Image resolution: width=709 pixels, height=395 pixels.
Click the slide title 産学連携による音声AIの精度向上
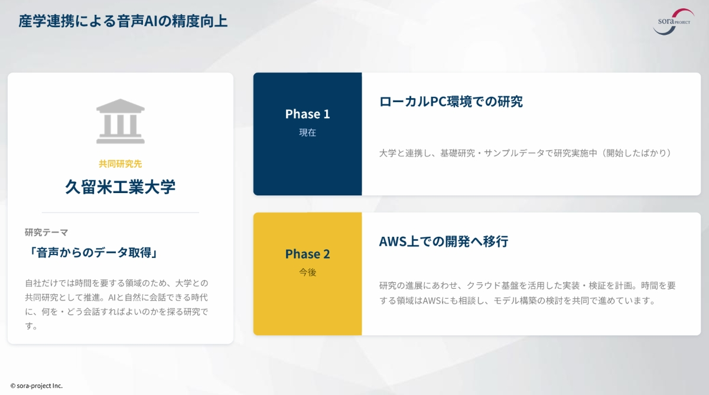123,21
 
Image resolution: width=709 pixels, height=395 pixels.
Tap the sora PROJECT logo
674,22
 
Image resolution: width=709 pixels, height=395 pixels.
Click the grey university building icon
121,122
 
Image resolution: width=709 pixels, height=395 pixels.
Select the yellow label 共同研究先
121,164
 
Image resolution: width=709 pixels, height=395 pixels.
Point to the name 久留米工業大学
121,187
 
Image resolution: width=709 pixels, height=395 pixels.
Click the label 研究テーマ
47,233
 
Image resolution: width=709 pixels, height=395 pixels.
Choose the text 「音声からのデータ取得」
92,253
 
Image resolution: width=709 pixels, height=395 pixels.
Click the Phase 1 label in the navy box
307,114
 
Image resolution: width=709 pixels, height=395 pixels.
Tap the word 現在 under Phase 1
307,132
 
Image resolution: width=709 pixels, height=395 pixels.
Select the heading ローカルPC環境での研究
451,102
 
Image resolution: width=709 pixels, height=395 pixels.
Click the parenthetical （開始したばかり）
636,153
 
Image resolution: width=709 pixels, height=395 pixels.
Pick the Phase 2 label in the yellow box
307,254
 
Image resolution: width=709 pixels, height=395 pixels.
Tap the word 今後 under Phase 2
307,272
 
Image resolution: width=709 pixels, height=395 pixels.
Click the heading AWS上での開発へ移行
444,241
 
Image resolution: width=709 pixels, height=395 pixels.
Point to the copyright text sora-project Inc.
37,386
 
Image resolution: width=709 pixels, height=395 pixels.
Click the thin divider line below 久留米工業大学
121,213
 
